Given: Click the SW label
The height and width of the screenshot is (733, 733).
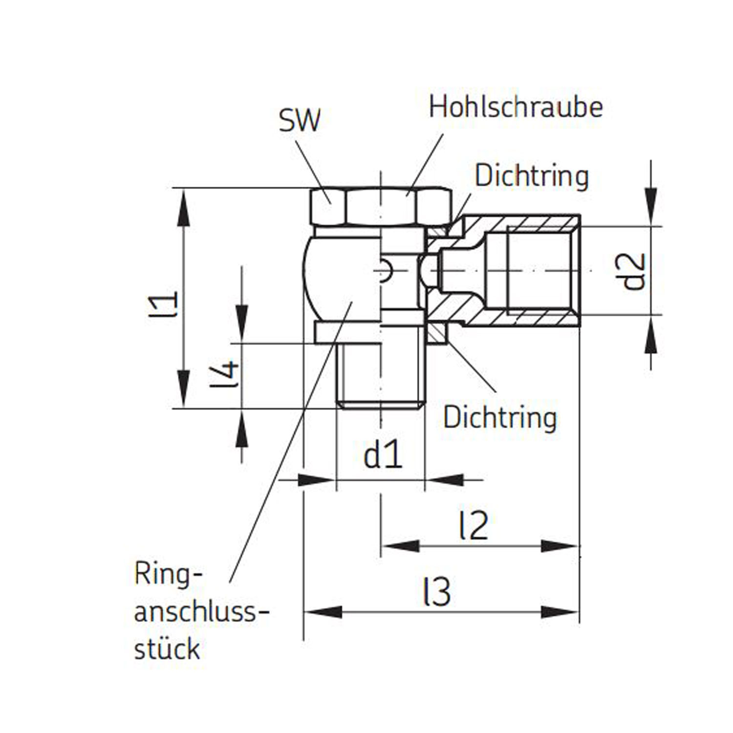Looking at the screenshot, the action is click(x=300, y=120).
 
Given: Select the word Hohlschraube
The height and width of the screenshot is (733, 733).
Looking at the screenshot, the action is click(x=516, y=107).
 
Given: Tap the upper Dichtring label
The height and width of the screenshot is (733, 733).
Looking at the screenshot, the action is click(x=532, y=176).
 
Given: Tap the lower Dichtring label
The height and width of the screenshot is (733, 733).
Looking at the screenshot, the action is click(x=500, y=418).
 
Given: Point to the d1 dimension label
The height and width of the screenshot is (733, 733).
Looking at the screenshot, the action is click(x=383, y=455).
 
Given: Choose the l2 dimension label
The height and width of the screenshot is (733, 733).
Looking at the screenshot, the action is click(x=474, y=526).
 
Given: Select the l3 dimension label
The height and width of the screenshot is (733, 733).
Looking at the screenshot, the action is click(x=436, y=592).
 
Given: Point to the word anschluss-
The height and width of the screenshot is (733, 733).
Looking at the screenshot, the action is click(x=201, y=612).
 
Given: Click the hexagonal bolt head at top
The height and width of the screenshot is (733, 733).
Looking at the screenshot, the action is click(x=381, y=206).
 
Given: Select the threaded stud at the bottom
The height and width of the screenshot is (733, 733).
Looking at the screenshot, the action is click(x=381, y=376).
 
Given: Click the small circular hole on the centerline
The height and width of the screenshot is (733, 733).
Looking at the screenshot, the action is click(x=385, y=271).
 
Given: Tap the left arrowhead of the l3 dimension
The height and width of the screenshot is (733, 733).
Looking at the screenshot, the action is click(x=323, y=611).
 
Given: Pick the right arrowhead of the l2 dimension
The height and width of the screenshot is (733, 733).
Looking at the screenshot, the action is click(x=560, y=546).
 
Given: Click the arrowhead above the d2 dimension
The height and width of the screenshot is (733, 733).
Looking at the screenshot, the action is click(x=650, y=207).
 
